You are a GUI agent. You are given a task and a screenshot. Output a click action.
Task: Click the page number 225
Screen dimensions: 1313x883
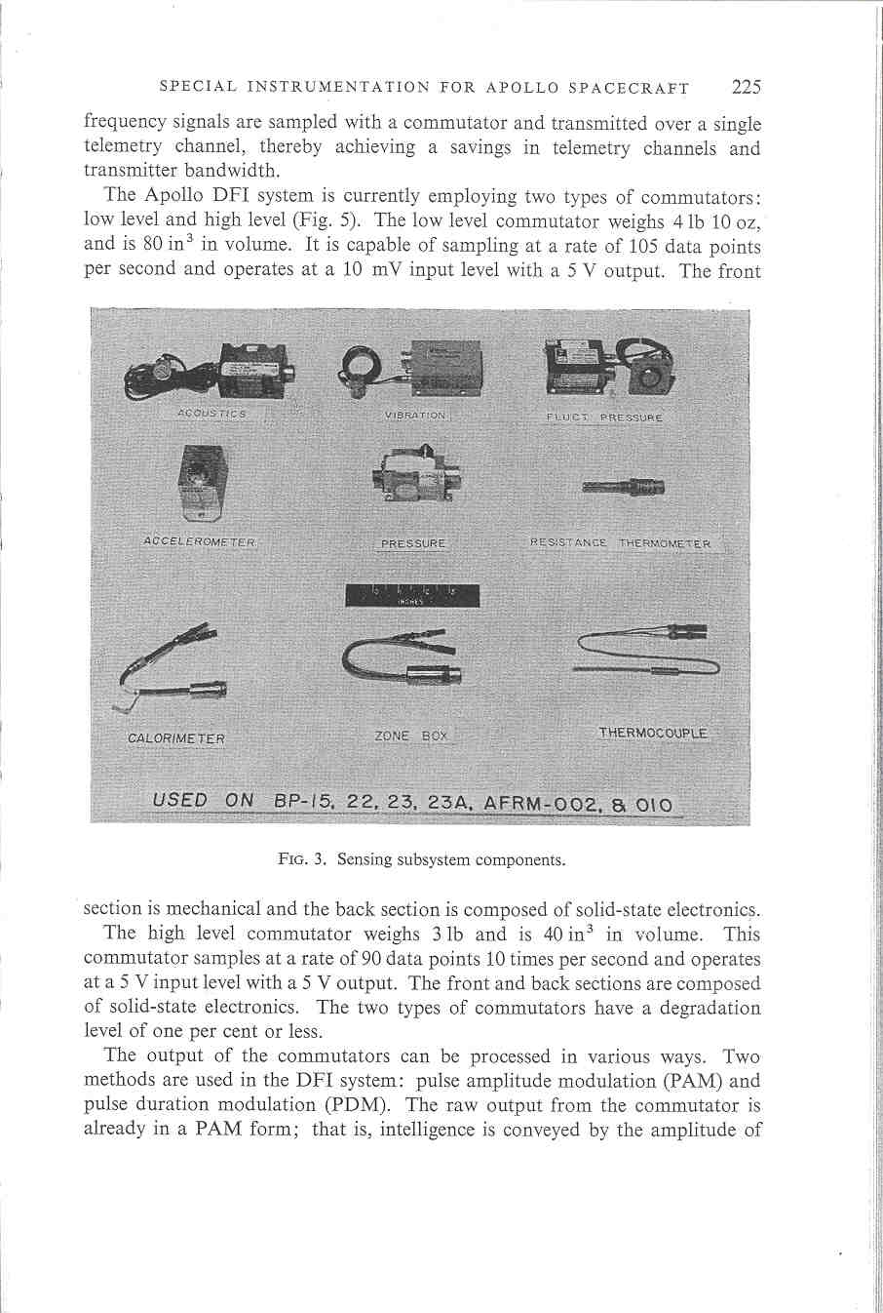(746, 87)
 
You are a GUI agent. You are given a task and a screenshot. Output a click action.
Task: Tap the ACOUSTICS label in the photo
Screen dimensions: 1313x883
(212, 414)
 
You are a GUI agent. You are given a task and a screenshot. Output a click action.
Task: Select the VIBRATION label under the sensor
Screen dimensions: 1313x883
(415, 415)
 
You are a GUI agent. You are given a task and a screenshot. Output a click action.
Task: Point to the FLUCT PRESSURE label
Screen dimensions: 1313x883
(604, 418)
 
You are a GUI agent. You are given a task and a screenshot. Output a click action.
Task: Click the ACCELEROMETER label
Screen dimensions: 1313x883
(199, 541)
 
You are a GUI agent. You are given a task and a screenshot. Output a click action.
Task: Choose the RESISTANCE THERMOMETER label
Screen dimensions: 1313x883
(620, 543)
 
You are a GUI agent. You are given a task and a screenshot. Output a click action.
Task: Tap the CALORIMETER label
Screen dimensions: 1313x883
(176, 738)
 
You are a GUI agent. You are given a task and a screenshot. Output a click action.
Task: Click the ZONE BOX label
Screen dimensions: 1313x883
(411, 736)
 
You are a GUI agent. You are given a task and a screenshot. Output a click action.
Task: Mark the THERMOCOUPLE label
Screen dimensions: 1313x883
(653, 733)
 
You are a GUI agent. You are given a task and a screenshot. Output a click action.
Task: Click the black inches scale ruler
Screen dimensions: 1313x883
(412, 595)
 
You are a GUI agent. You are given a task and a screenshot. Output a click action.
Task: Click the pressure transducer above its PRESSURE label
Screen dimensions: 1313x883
(416, 476)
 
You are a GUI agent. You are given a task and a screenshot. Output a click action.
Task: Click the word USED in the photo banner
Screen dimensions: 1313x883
(180, 800)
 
